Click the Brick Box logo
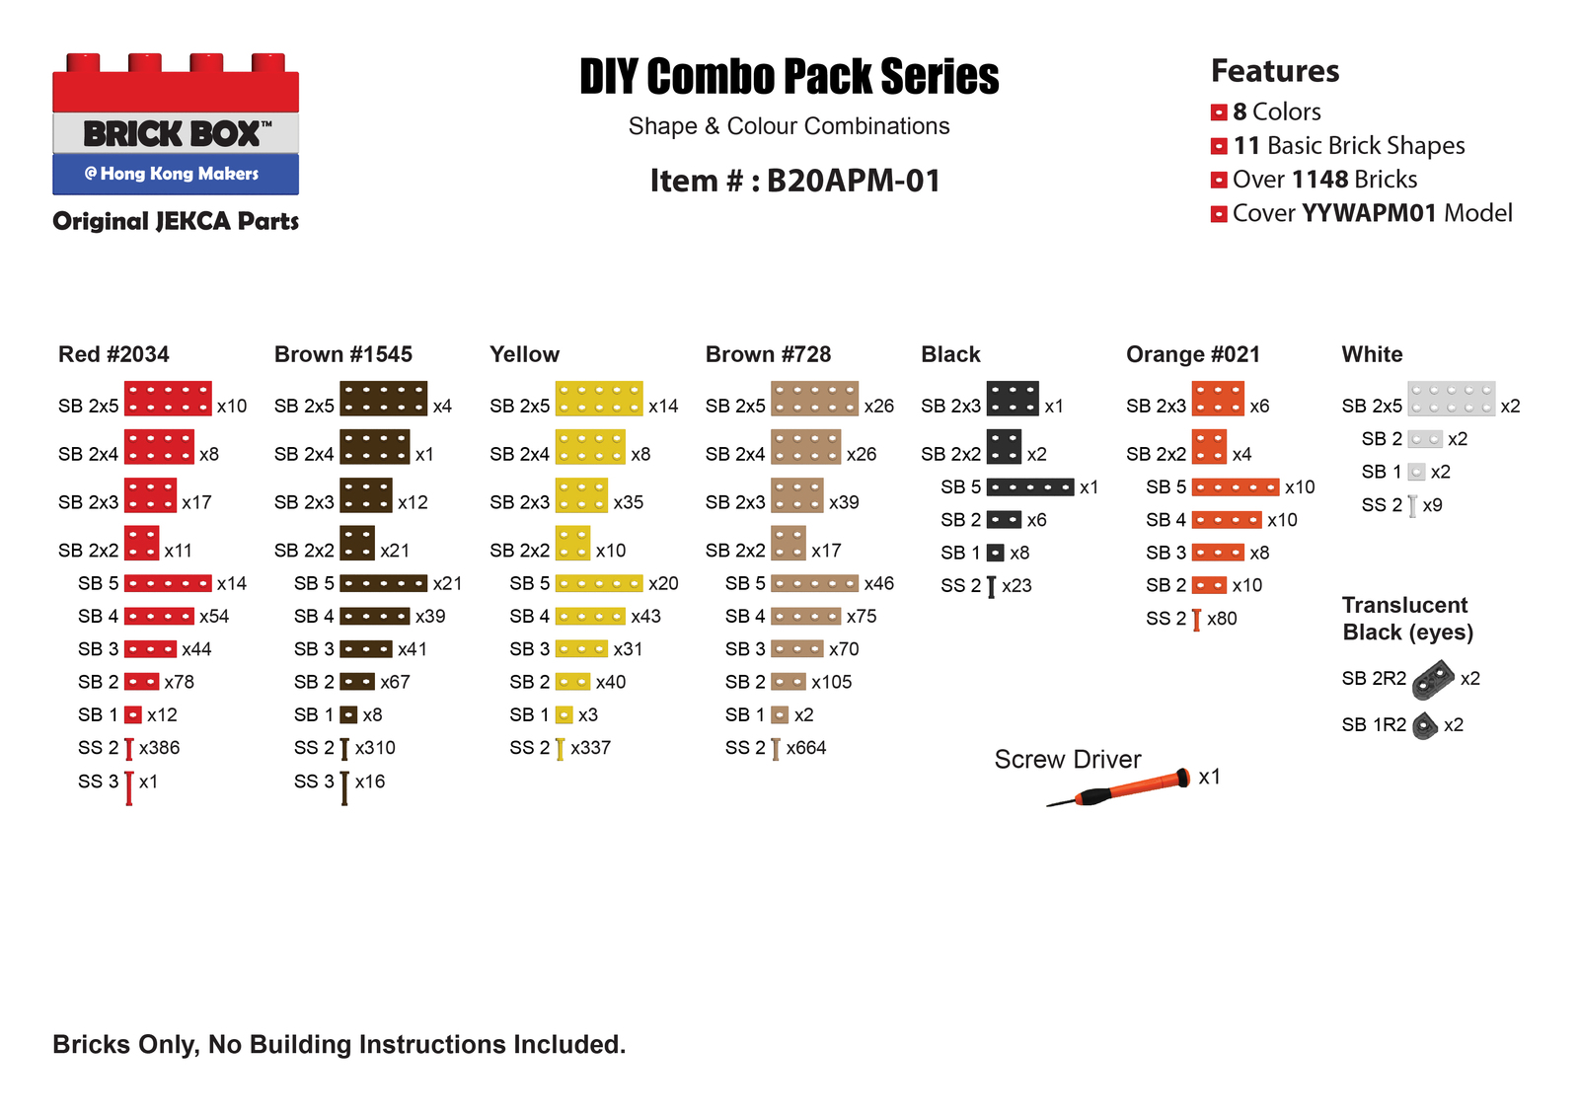point(176,124)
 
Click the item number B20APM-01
point(853,181)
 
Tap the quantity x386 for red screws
point(159,748)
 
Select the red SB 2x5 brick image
point(168,399)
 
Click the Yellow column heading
point(524,354)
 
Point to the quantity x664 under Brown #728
point(805,748)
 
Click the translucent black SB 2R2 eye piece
point(1433,679)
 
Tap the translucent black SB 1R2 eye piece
point(1424,725)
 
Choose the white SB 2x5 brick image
point(1451,399)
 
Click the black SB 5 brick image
point(1029,487)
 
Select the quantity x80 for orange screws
point(1222,619)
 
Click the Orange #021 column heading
point(1192,354)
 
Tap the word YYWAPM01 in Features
point(1368,213)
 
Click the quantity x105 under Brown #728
point(831,682)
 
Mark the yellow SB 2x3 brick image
point(581,495)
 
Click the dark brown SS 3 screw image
point(344,787)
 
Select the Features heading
point(1274,71)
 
